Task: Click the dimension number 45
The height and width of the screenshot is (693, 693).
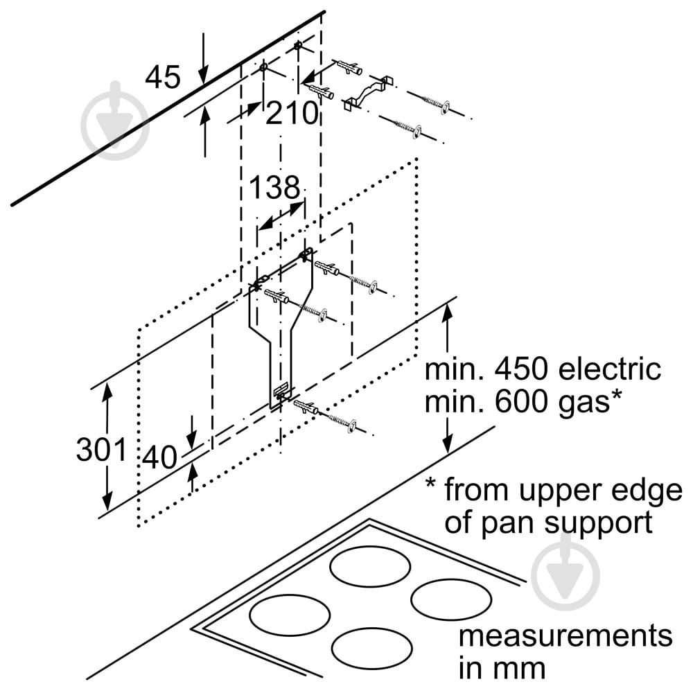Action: (162, 77)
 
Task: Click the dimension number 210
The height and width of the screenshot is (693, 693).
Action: (291, 112)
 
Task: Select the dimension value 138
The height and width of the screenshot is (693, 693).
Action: (274, 188)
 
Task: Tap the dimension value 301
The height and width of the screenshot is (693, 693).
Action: (102, 450)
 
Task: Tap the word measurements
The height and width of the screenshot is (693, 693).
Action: (565, 635)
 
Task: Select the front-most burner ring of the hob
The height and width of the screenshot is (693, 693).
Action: (367, 647)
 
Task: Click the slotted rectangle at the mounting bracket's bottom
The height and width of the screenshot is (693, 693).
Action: (281, 392)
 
